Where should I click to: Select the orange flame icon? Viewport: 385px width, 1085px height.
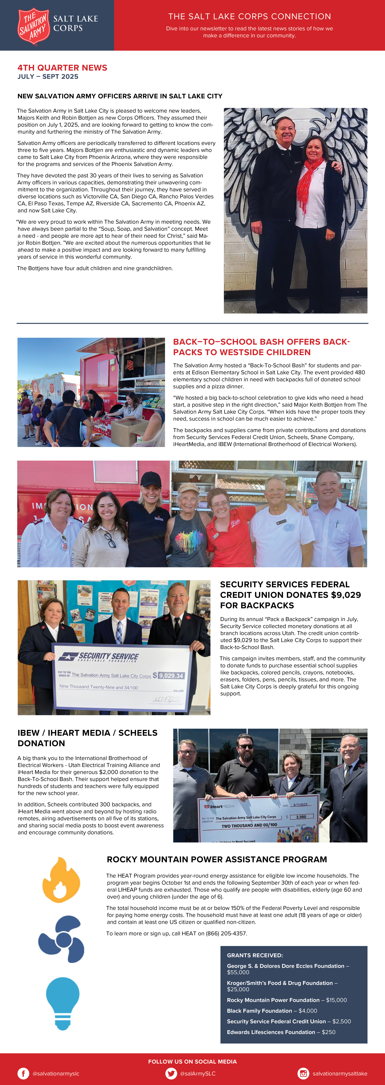coord(61,878)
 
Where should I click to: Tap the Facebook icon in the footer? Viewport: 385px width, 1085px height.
coord(23,1073)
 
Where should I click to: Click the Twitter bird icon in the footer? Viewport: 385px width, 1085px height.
coord(171,1073)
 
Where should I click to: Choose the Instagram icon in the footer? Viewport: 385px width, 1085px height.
coord(303,1073)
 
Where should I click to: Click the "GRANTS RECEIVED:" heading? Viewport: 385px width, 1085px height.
coord(255,955)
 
